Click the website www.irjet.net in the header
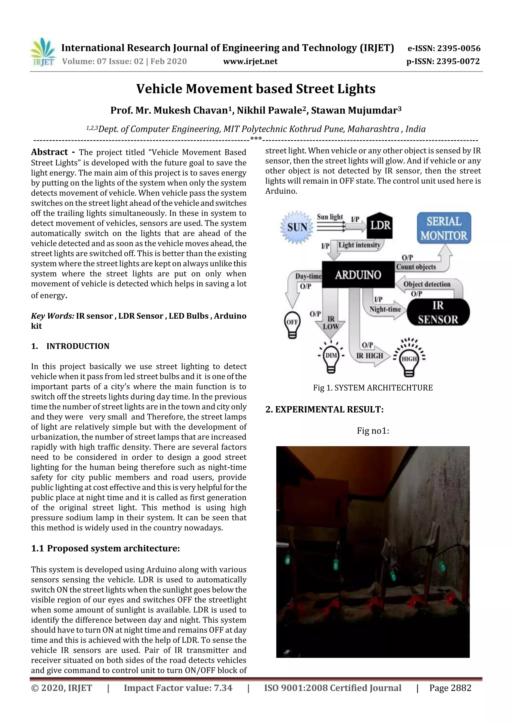pos(250,61)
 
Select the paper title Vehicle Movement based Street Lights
pos(255,89)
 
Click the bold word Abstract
pos(49,152)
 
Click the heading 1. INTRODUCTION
pos(70,346)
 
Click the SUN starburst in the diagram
pos(297,227)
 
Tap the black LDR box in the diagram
pos(380,225)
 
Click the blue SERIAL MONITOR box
pos(443,228)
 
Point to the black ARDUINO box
pos(358,275)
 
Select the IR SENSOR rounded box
pos(438,312)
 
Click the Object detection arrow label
pos(426,284)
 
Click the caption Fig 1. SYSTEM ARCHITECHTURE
pos(372,388)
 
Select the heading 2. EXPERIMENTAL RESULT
pos(324,410)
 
